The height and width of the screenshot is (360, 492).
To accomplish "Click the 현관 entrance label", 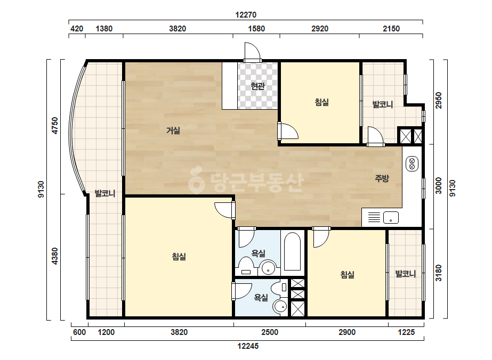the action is click(x=257, y=86).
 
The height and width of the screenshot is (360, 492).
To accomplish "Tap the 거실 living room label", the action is click(x=173, y=130).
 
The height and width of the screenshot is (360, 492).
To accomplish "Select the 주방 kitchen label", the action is click(x=382, y=178).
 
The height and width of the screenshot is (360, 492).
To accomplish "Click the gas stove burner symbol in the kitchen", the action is click(x=412, y=163).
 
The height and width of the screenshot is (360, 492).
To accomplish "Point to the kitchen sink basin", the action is click(x=391, y=217).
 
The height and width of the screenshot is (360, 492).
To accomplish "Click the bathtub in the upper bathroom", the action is click(x=292, y=251).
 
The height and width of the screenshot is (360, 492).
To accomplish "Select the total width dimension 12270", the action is click(x=246, y=15).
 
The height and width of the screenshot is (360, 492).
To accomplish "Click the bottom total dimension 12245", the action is click(x=248, y=346).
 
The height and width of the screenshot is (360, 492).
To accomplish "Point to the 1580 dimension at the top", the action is click(x=256, y=29).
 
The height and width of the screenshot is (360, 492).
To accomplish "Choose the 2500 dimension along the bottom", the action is click(x=270, y=332).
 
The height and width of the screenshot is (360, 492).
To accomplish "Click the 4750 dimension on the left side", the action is click(x=55, y=126).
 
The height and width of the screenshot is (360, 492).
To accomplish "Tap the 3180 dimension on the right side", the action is click(x=438, y=273).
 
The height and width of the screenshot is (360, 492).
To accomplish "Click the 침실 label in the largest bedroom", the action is click(x=179, y=257).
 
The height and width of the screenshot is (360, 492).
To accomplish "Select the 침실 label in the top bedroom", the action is click(x=321, y=102).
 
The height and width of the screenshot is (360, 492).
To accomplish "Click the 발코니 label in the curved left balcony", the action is click(x=105, y=193).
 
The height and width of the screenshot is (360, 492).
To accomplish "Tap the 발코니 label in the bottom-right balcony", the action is click(x=406, y=274).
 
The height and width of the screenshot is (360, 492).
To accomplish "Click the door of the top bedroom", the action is click(x=288, y=131).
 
